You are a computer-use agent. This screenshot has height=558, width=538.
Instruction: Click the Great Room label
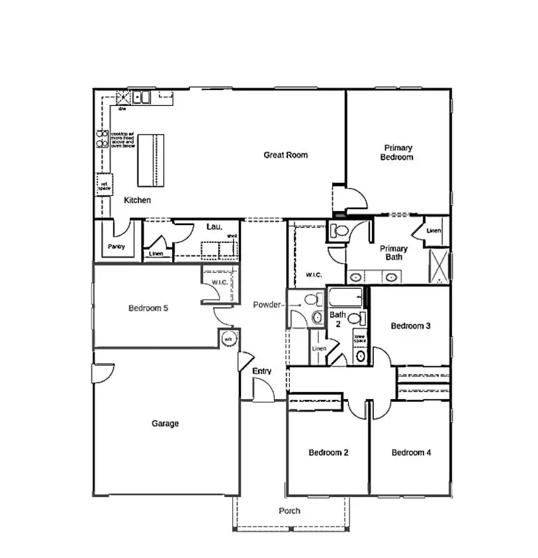(285, 155)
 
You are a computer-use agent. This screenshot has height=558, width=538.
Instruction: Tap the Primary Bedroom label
(396, 153)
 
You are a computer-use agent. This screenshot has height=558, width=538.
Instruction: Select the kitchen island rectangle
(150, 160)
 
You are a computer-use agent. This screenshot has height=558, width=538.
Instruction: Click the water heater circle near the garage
(228, 338)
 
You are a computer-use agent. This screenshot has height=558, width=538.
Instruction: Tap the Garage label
(165, 424)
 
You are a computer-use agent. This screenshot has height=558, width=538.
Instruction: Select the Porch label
(289, 511)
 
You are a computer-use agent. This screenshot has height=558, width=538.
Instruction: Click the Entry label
(262, 371)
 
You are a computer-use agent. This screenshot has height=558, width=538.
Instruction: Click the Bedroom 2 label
(328, 453)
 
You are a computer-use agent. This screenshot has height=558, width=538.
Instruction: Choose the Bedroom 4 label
(411, 453)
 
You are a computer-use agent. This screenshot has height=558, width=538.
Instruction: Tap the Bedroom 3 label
(410, 326)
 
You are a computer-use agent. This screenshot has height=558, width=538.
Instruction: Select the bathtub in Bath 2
(345, 296)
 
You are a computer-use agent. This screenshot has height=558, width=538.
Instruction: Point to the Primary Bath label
(393, 253)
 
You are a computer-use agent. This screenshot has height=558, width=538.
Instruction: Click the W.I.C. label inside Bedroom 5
(219, 283)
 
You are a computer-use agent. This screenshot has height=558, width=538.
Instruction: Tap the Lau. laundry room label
(213, 227)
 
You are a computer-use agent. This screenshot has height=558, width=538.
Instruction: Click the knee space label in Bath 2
(359, 338)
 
